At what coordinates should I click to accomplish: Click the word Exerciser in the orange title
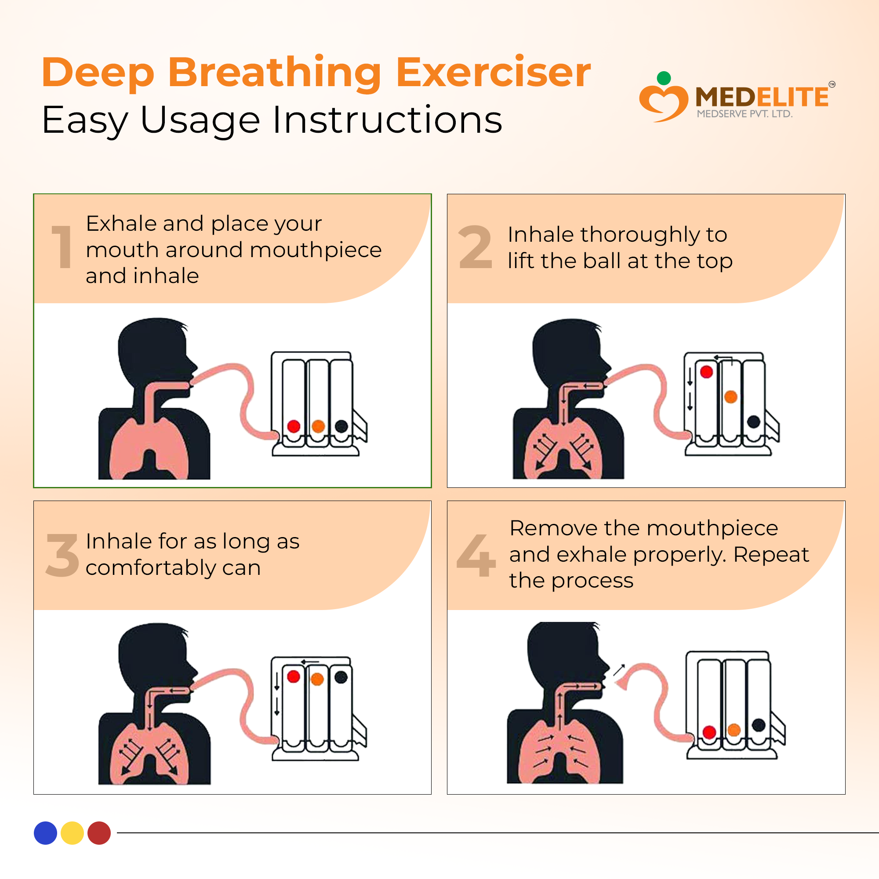493,73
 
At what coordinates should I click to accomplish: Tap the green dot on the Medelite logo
664,78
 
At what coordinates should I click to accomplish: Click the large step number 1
62,247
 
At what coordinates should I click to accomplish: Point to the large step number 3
62,555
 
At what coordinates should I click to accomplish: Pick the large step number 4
476,555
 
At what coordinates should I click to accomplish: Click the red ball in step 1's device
294,426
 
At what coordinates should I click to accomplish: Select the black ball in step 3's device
341,677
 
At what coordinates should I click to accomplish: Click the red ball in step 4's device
709,732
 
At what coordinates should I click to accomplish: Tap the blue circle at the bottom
46,833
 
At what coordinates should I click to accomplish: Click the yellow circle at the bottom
73,833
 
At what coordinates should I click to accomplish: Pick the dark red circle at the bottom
99,833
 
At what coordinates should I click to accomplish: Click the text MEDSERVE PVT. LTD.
745,114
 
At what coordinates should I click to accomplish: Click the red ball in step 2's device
707,372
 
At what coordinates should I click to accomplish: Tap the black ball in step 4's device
759,725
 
